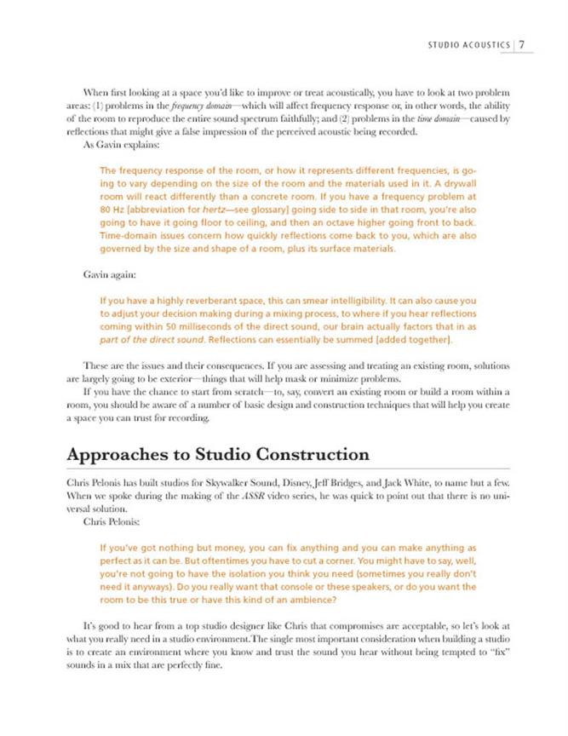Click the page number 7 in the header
522,45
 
